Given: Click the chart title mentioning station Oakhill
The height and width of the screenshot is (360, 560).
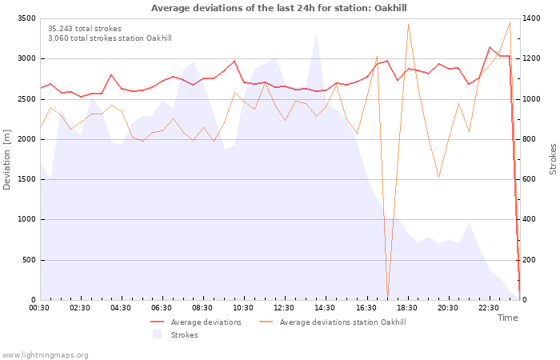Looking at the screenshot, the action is click(x=278, y=8).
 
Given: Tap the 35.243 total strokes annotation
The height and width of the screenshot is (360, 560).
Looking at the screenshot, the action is click(x=85, y=29).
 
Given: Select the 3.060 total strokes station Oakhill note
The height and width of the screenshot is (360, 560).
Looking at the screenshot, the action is click(x=110, y=38).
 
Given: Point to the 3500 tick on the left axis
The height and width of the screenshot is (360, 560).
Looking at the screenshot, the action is click(x=26, y=18).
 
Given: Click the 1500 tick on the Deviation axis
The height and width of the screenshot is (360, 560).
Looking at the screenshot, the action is click(x=26, y=179).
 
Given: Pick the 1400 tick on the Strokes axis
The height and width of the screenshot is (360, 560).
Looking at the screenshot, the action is click(x=531, y=18).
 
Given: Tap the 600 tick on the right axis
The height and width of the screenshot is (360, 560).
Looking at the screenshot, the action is click(x=530, y=179).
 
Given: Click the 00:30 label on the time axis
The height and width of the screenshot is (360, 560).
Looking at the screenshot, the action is click(x=39, y=308).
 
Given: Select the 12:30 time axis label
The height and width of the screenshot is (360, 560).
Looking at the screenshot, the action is click(x=284, y=308).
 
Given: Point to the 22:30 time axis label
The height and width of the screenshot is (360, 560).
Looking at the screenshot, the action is click(x=488, y=308).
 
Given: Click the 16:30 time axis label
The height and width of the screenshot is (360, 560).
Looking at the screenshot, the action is click(x=366, y=308).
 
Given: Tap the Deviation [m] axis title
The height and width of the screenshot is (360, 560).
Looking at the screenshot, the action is click(x=6, y=159).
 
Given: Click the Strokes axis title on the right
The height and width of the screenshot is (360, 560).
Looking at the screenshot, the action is click(x=553, y=159).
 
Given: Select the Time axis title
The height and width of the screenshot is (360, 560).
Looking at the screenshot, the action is click(x=507, y=318).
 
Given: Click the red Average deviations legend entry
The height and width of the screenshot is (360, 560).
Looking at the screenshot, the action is click(x=196, y=322).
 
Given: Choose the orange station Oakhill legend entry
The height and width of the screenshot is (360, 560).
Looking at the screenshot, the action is click(x=333, y=322).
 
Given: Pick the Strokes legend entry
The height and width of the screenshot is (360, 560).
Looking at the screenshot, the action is click(x=175, y=334).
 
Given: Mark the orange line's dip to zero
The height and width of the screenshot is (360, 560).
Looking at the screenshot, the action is click(x=387, y=298).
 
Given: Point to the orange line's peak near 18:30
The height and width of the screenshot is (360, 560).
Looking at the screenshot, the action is click(x=408, y=25).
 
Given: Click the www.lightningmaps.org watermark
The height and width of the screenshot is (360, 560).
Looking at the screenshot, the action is click(x=45, y=355).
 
